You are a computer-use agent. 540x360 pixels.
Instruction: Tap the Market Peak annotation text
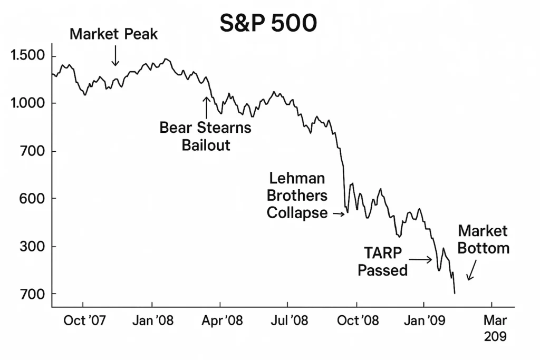113,35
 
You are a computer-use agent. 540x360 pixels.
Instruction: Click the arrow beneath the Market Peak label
115,56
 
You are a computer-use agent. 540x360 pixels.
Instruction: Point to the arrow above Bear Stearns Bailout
206,107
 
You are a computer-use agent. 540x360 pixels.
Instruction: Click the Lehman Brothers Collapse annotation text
297,196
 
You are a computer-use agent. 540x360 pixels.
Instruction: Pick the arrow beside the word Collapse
338,213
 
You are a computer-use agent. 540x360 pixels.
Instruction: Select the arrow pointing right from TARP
421,259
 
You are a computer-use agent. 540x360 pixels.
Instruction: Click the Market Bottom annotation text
483,239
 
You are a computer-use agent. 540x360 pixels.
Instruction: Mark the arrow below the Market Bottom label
471,272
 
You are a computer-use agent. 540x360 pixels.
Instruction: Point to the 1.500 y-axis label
27,56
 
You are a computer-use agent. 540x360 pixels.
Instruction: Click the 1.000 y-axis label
27,103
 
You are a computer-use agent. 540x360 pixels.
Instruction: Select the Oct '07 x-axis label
83,320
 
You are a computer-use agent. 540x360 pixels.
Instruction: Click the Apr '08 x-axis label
221,320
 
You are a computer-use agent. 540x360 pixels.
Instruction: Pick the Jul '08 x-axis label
288,320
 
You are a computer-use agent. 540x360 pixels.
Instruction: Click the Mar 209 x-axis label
495,328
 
